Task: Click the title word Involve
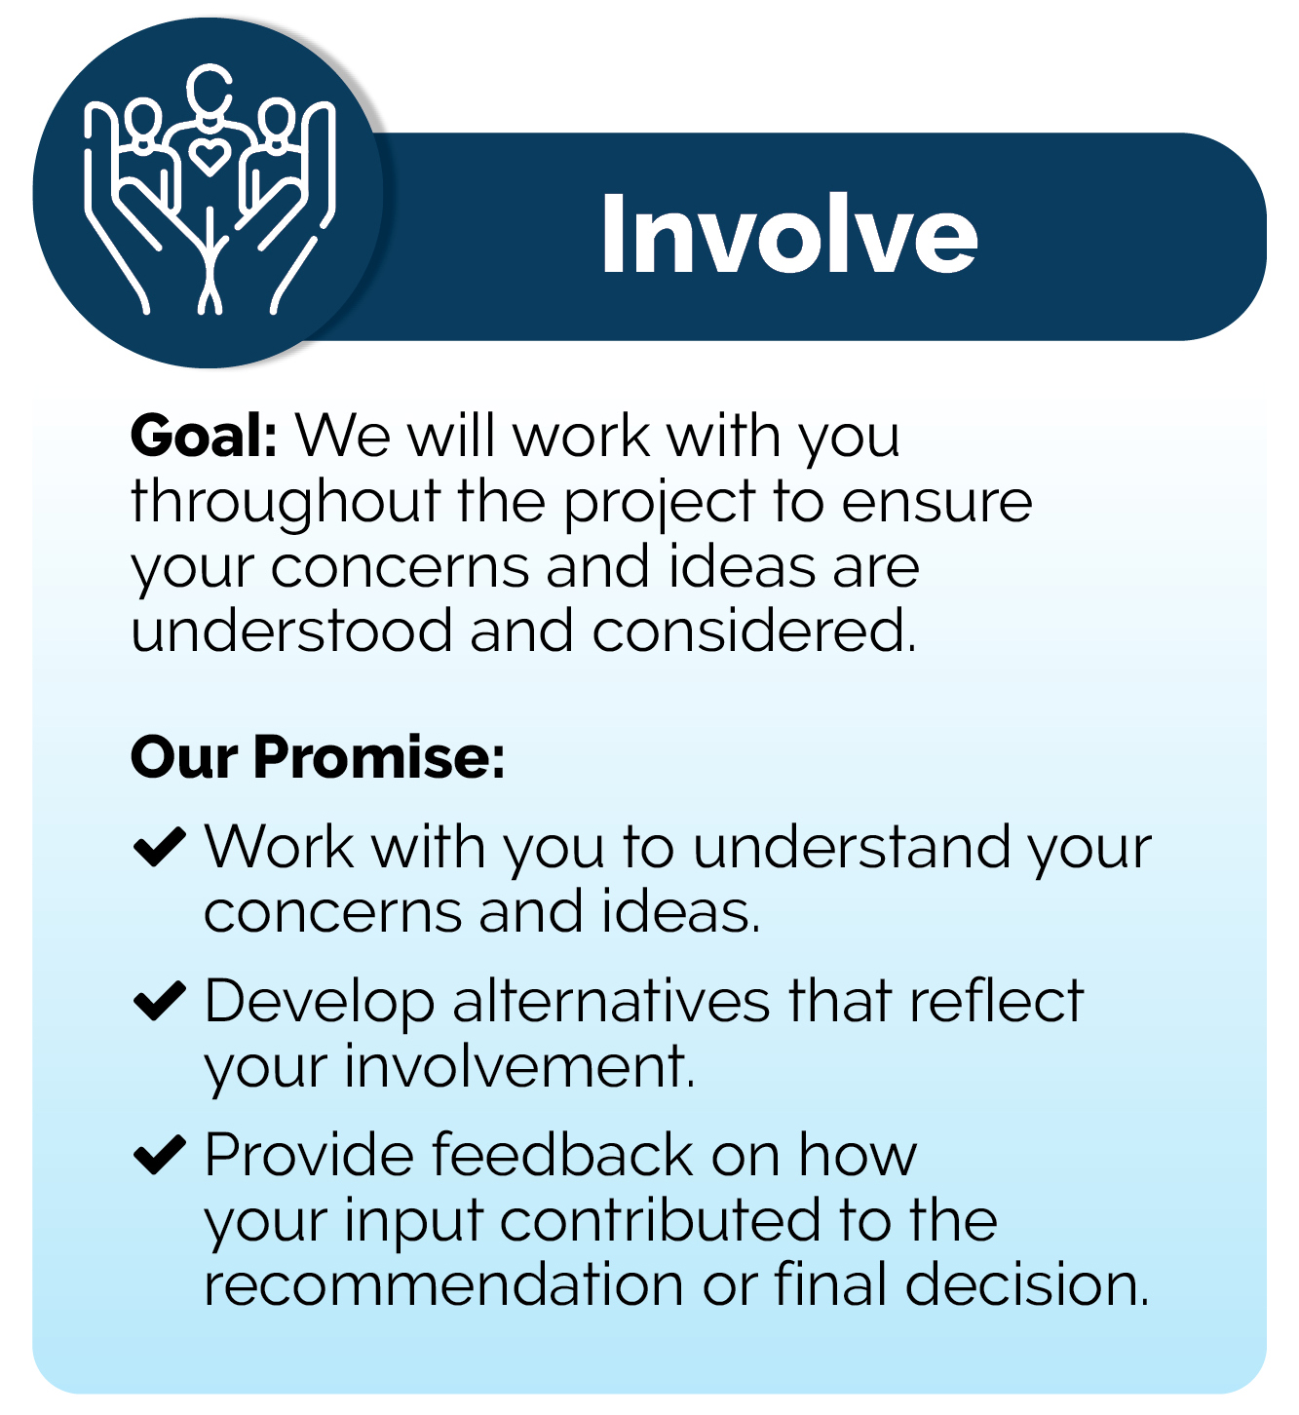pos(789,233)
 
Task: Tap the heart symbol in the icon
pos(209,158)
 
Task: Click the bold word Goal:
pos(204,436)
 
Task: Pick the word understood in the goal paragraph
pos(291,631)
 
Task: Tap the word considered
pos(753,631)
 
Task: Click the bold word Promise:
pos(380,757)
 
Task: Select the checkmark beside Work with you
pos(160,847)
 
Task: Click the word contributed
pos(661,1220)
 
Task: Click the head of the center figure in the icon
pos(210,92)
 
